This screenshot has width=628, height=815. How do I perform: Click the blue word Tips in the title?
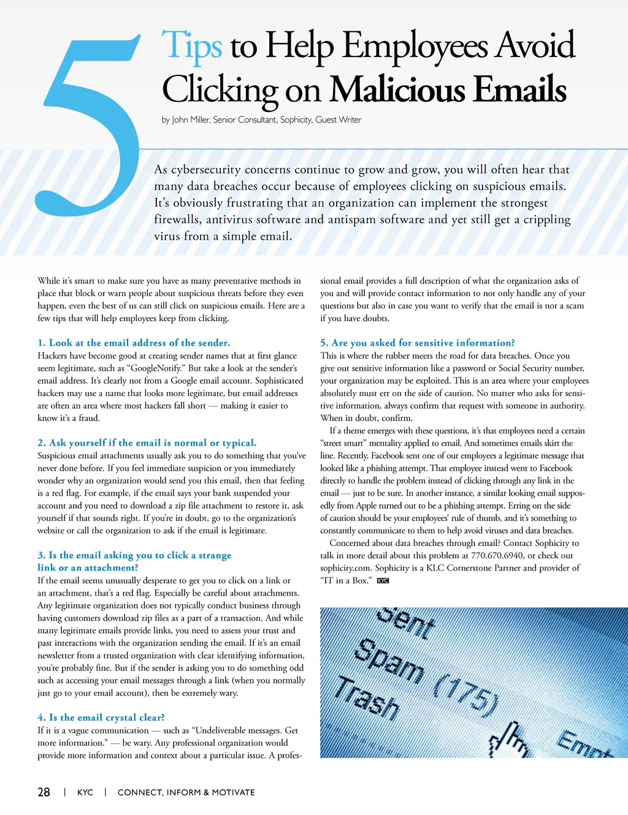point(191,46)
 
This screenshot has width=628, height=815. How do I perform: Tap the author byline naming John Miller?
point(261,119)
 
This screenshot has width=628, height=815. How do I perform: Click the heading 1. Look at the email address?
point(134,343)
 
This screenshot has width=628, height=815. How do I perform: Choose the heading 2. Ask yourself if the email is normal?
point(147,442)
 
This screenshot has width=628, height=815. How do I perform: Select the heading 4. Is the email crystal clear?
point(101,717)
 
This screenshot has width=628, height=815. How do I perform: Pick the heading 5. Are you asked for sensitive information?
point(418,343)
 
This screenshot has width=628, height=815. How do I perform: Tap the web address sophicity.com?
point(345,568)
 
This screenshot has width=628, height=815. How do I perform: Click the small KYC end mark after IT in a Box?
point(383,581)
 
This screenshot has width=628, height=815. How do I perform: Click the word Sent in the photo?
point(405,621)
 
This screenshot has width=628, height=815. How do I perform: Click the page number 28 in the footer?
point(44,792)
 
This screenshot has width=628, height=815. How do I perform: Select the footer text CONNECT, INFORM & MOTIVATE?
point(186,792)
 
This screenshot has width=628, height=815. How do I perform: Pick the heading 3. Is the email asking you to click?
point(134,561)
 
